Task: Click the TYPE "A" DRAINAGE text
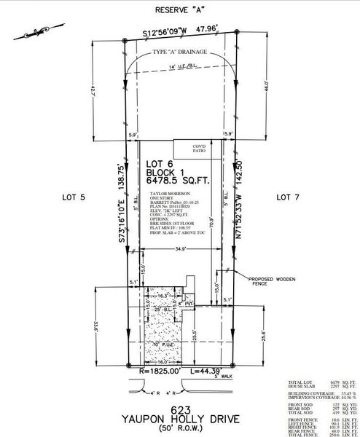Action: click(179, 52)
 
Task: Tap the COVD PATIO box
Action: click(200, 149)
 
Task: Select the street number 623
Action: click(179, 409)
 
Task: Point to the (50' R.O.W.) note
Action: click(179, 430)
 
